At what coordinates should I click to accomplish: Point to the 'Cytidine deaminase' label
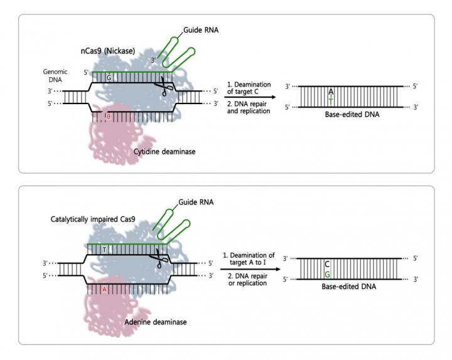164,151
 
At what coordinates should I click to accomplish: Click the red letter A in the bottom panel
104,289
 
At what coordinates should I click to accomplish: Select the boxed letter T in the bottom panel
104,250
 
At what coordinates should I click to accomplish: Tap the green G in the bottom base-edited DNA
327,274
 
